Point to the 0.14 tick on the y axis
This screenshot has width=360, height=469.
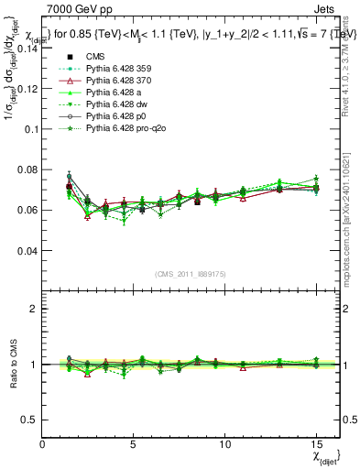(x=27, y=49)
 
